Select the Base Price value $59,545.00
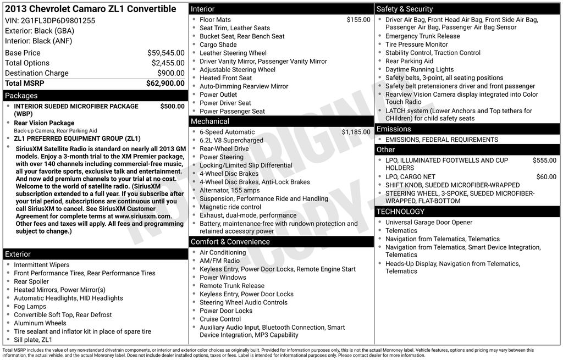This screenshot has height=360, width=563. tap(165, 53)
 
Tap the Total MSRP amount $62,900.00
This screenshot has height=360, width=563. tap(165, 83)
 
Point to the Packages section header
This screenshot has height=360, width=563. tap(21, 96)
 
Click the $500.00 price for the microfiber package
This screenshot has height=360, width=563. tap(172, 106)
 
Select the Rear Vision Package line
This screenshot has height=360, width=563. tap(44, 123)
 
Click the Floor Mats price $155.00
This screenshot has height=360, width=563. tap(358, 20)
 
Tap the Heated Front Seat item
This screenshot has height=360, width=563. tap(225, 78)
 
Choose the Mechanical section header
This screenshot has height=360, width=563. tap(210, 121)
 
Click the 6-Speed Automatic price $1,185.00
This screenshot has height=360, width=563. tap(356, 132)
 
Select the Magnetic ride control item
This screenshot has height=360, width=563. tap(230, 207)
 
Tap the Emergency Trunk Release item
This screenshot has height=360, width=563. tap(422, 36)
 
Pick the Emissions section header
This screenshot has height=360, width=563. tap(394, 129)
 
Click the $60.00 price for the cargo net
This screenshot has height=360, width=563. tap(546, 177)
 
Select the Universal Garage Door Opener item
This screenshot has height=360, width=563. tap(429, 223)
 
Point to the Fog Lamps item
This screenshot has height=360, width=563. tap(30, 307)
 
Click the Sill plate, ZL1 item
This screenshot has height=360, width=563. tap(33, 340)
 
